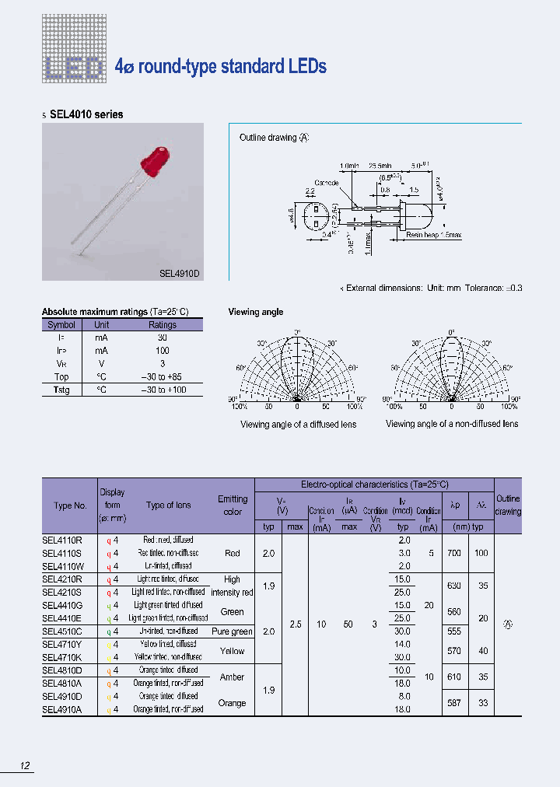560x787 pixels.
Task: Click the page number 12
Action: point(25,766)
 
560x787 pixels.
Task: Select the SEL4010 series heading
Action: point(86,114)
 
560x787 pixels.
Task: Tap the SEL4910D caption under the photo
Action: point(180,274)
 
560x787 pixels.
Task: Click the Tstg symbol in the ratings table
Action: point(61,390)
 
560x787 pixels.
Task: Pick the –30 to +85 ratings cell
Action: point(162,376)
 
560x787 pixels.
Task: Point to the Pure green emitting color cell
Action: point(232,631)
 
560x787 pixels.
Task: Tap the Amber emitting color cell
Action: point(232,677)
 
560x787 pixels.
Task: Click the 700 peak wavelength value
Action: point(454,553)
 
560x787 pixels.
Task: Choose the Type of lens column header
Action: point(168,505)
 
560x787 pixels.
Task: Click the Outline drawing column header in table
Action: point(508,505)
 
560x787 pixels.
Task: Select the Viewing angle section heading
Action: point(255,312)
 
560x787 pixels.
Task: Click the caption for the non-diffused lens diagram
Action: point(451,424)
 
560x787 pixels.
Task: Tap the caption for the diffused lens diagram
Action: point(298,425)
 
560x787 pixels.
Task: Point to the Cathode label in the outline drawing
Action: point(327,183)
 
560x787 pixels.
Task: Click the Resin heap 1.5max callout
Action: point(433,234)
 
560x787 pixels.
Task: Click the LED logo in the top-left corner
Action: point(72,68)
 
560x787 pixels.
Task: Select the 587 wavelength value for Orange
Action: point(454,702)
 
